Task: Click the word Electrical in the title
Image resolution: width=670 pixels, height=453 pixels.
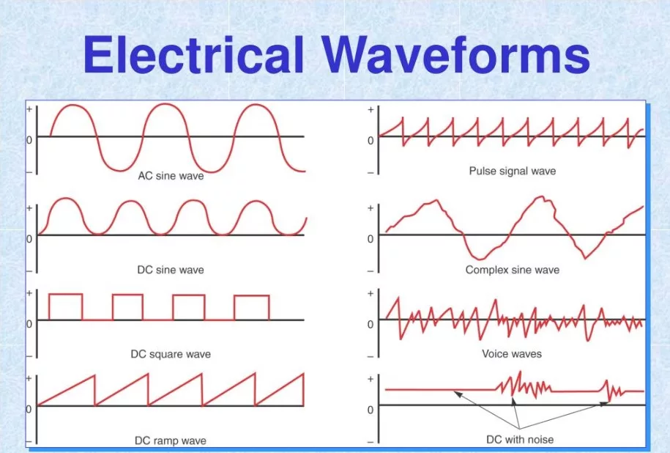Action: tap(193, 55)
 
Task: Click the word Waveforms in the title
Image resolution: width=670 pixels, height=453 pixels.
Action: tap(456, 55)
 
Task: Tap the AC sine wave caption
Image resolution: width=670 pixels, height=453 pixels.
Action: tap(171, 176)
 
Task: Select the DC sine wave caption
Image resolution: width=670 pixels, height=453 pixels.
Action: tap(171, 270)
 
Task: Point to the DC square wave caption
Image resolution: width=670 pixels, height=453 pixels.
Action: tap(171, 354)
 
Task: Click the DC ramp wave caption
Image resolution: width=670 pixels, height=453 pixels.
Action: tap(171, 441)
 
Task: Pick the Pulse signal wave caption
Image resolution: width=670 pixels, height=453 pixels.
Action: tap(513, 171)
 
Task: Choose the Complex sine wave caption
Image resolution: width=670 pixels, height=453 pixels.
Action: tap(513, 270)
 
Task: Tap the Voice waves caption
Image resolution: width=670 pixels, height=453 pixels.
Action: tap(512, 354)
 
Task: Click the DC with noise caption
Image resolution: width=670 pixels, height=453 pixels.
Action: tap(520, 439)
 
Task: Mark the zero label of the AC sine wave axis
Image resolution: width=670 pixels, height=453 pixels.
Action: tap(29, 140)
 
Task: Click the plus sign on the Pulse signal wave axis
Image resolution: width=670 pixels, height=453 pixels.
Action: tap(371, 110)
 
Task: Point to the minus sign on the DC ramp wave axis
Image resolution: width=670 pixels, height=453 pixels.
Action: tap(29, 441)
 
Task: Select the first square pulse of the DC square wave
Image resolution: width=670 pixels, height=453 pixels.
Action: tap(65, 294)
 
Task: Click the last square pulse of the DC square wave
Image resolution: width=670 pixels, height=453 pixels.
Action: tap(252, 295)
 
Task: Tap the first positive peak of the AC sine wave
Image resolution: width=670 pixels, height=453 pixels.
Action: tap(72, 105)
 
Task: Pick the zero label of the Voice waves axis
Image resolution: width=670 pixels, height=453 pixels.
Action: tap(371, 324)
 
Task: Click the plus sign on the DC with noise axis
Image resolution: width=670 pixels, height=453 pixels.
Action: tap(371, 379)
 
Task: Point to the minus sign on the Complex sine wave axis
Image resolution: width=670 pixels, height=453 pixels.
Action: tap(371, 271)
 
